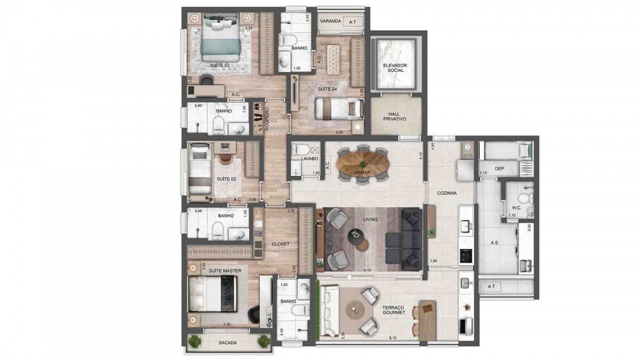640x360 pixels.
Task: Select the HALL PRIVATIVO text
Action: click(x=396, y=116)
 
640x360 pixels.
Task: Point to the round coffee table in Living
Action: click(x=355, y=235)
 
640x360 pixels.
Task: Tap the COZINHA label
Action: click(x=449, y=194)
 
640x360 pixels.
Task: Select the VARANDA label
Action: click(x=330, y=21)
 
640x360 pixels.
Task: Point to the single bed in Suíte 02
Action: click(x=199, y=168)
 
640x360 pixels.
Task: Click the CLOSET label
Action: click(x=280, y=244)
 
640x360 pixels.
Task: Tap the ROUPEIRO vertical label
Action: click(x=267, y=120)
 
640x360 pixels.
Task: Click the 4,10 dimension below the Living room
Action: click(x=367, y=271)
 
